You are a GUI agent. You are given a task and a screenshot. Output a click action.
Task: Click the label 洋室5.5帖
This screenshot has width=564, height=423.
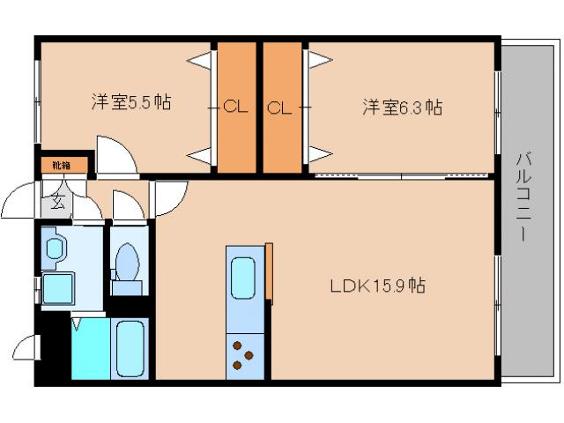[130, 102]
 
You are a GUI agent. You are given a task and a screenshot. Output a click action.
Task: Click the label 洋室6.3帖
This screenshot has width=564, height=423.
[402, 108]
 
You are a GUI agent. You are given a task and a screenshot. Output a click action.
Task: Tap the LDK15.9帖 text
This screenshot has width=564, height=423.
[378, 286]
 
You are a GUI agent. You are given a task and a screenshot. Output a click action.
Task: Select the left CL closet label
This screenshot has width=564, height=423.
[235, 108]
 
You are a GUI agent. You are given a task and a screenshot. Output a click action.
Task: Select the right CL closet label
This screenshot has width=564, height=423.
[279, 108]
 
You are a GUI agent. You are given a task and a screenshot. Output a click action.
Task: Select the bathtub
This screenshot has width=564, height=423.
[130, 349]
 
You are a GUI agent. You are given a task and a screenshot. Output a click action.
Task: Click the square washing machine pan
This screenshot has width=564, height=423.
[58, 286]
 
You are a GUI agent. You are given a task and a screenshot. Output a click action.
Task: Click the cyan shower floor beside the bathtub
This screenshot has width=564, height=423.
[91, 349]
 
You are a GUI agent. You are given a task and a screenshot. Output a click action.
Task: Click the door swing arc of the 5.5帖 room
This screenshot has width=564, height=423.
[115, 153]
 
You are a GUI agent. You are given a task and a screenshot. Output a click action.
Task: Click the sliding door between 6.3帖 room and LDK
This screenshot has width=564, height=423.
[402, 175]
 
